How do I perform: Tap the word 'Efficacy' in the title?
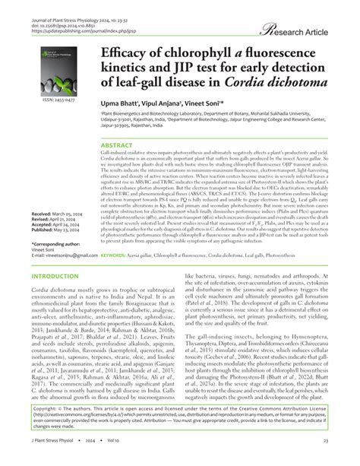point(123,58)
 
